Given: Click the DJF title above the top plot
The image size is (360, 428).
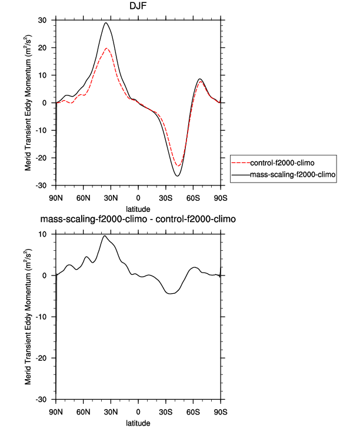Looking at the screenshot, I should point(138,7).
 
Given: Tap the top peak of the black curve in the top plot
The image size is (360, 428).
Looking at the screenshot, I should point(106,23).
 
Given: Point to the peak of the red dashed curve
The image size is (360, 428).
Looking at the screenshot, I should point(106,48).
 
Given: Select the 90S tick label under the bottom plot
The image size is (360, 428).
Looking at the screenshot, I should point(221,411).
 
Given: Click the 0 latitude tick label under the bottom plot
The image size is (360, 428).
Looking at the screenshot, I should point(138,411).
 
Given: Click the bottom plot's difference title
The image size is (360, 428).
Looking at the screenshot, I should point(138,220).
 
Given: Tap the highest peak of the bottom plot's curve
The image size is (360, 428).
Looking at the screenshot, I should point(104,235).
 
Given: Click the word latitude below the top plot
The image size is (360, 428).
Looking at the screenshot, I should point(138,208).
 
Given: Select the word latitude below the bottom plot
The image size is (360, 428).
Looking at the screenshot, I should point(138,422).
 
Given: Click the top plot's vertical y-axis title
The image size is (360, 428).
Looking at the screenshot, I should point(29,102).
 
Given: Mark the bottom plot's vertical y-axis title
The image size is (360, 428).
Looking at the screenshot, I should point(29,317).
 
